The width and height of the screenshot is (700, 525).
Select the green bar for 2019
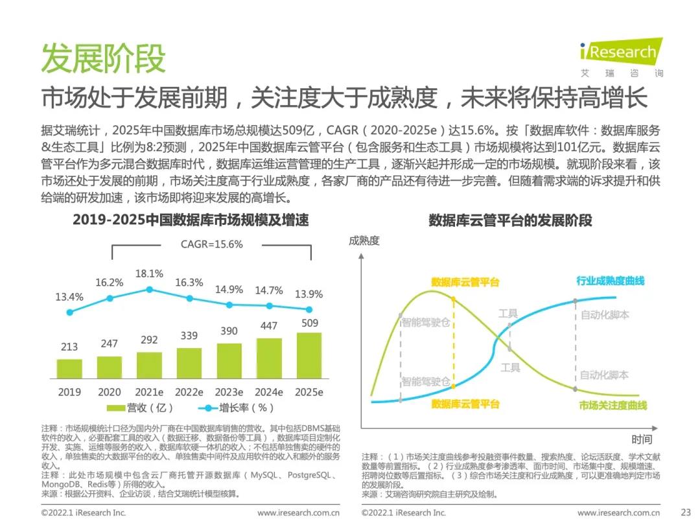(69, 369)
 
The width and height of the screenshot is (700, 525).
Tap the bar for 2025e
(309, 356)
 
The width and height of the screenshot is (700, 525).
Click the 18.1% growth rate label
(149, 274)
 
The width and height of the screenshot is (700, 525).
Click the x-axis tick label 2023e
(229, 392)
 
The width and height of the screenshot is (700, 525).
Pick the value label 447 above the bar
(269, 327)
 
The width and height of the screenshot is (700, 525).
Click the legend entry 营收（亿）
(140, 408)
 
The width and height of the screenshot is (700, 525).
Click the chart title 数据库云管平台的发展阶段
(510, 220)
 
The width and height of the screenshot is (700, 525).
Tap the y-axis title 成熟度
(364, 241)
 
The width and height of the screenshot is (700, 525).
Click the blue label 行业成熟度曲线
(611, 281)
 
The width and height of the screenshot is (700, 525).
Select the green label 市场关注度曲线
(612, 405)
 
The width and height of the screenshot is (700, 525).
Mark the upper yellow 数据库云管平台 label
(465, 282)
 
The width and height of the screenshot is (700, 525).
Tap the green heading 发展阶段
(103, 58)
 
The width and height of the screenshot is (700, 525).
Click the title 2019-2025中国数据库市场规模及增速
(191, 220)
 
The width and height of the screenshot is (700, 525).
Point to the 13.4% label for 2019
(69, 297)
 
